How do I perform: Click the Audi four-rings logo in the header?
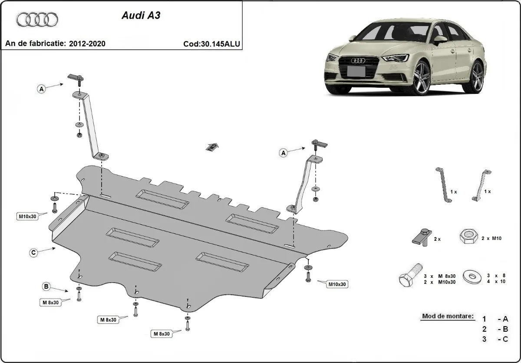tap(37, 20)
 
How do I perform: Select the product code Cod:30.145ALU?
tap(212, 43)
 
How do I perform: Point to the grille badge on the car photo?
tap(359, 61)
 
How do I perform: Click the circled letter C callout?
tap(33, 252)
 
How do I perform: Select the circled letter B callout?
tap(46, 286)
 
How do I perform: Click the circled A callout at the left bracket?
tap(42, 89)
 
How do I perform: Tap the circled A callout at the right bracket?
tap(284, 153)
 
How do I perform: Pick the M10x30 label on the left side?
tap(27, 216)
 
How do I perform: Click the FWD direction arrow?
tap(212, 147)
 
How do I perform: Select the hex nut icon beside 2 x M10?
tap(467, 237)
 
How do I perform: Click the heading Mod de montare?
tap(447, 316)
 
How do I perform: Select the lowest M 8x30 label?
tap(161, 334)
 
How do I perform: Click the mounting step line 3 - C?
tap(495, 339)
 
